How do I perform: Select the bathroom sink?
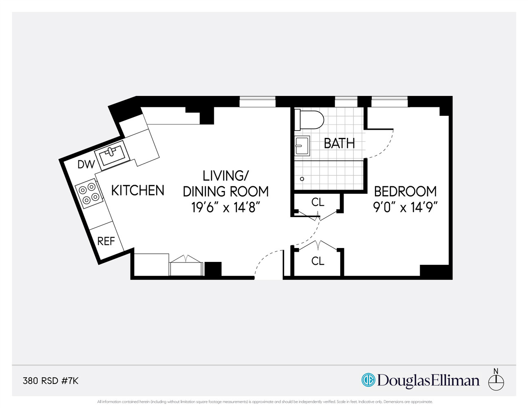click(302, 146)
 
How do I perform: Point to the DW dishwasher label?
click(86, 164)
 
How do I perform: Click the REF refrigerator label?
click(106, 241)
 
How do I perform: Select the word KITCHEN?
click(138, 191)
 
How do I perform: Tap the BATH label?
click(339, 143)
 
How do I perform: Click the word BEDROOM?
click(405, 191)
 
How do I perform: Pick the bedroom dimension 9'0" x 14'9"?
click(405, 207)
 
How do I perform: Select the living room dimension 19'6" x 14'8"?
click(226, 208)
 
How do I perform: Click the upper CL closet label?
click(317, 202)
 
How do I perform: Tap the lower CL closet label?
click(317, 261)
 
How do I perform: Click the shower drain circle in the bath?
click(302, 179)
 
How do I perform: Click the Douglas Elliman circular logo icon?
click(368, 380)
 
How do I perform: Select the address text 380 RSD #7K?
click(51, 381)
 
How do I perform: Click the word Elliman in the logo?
click(454, 381)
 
